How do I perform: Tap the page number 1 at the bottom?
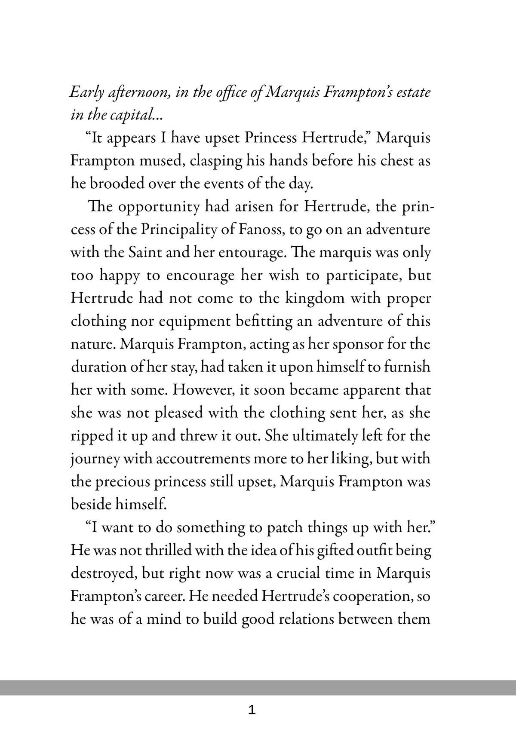(252, 710)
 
